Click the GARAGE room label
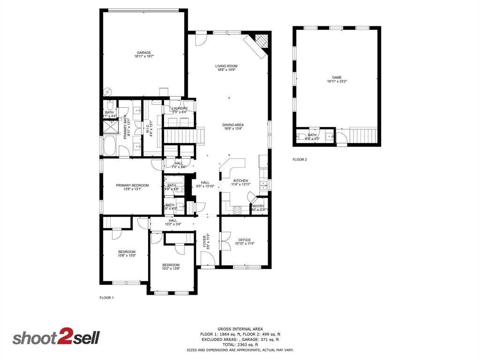click(x=144, y=52)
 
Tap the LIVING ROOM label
click(x=226, y=66)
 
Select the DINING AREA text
click(x=232, y=125)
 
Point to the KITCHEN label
click(x=240, y=180)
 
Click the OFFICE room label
click(x=244, y=240)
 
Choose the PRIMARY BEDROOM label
click(x=132, y=186)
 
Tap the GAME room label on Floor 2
click(x=337, y=77)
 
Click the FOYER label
click(x=204, y=241)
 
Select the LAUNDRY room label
click(x=180, y=108)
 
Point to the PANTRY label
click(x=258, y=206)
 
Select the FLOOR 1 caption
click(x=106, y=298)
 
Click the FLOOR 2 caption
click(x=300, y=160)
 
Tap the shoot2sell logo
click(x=56, y=338)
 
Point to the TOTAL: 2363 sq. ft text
click(x=240, y=345)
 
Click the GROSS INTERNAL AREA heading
click(x=240, y=329)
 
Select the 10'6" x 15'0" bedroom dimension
click(x=127, y=256)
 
